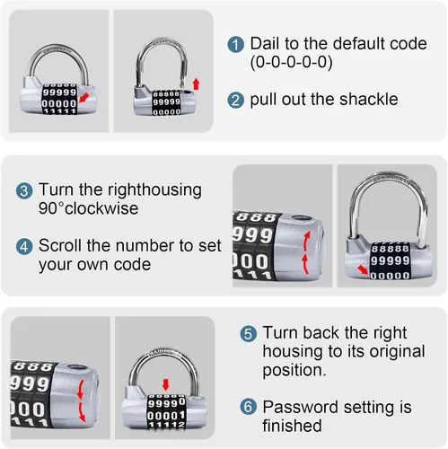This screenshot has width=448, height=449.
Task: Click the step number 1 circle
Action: tap(236, 44)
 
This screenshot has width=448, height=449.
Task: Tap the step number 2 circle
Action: tap(236, 100)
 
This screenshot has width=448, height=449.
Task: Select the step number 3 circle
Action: tap(24, 191)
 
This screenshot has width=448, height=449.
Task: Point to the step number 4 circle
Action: tap(24, 247)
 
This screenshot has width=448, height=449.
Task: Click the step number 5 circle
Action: tap(249, 333)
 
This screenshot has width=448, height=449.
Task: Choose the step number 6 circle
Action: tap(249, 407)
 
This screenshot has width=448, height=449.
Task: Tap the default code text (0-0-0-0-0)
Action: tap(291, 62)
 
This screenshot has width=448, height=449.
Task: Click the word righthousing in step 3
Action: tap(154, 190)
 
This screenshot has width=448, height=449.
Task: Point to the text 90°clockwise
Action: tap(89, 208)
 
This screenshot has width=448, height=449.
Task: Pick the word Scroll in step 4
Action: tap(60, 245)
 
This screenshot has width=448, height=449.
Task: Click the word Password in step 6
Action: tap(301, 407)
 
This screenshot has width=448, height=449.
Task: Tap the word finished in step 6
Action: tap(292, 426)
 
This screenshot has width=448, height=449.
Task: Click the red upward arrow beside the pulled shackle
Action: tap(196, 84)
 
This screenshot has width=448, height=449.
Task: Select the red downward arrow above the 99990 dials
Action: tap(165, 384)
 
